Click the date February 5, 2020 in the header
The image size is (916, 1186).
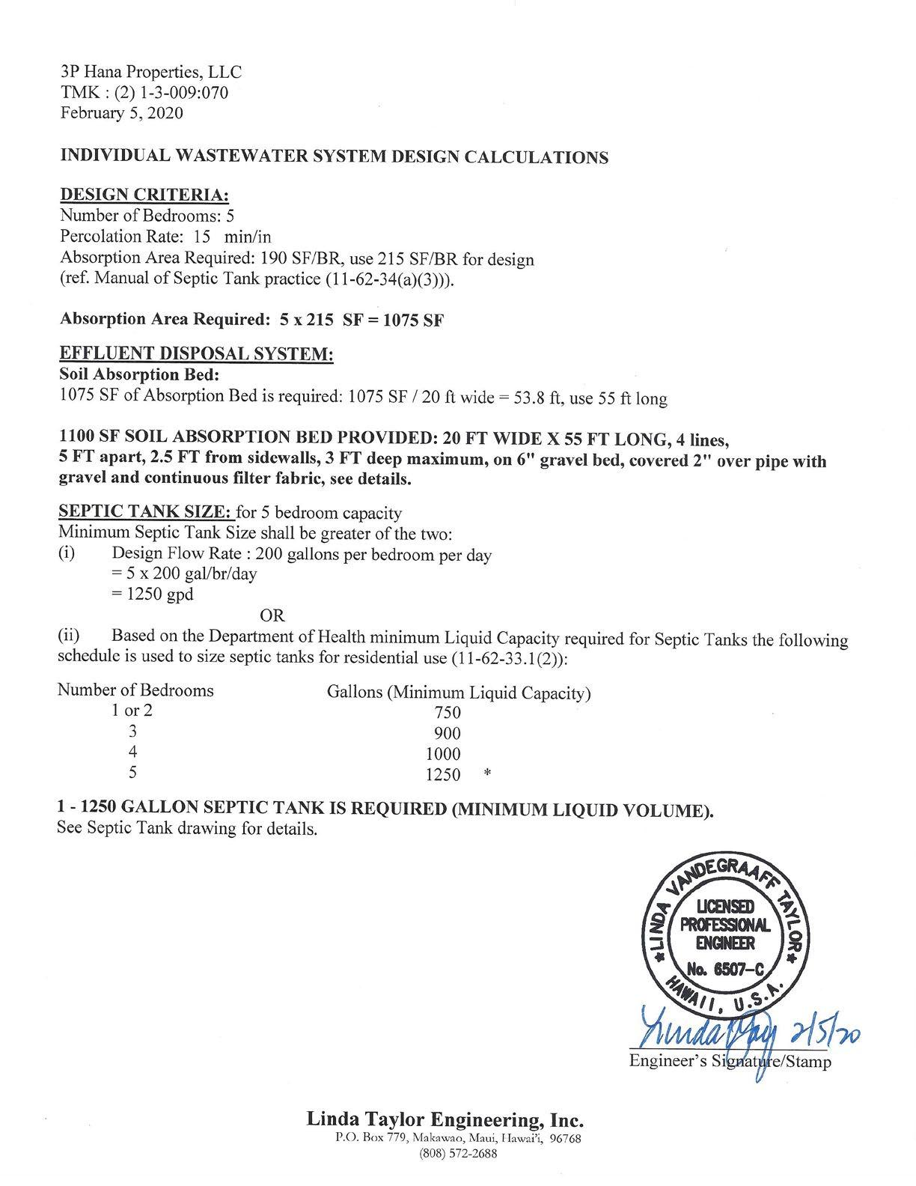[121, 113]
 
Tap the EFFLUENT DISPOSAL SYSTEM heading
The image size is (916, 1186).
[196, 353]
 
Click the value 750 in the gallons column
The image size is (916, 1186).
[448, 713]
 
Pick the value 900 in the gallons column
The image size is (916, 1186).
[448, 734]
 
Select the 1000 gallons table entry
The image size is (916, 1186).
[443, 755]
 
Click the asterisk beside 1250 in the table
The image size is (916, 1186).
[487, 775]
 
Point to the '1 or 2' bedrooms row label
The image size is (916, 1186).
[132, 711]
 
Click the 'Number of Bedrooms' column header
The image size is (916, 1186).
[135, 690]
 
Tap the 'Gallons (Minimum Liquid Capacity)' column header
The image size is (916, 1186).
[459, 693]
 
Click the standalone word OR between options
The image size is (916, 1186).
[272, 615]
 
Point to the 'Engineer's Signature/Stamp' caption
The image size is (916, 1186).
[730, 1061]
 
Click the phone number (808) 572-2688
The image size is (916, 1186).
[458, 1153]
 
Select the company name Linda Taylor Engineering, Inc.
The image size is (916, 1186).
[445, 1120]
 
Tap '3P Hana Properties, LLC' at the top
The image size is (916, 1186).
[150, 72]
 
